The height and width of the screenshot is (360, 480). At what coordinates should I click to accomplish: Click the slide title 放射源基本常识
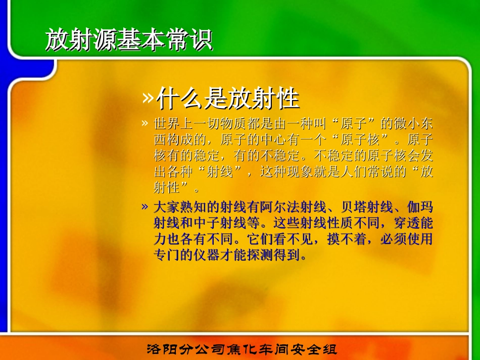click(128, 40)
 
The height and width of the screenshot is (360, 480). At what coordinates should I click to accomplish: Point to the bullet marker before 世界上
click(145, 124)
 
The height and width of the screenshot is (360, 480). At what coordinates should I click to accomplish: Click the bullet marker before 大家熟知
click(145, 207)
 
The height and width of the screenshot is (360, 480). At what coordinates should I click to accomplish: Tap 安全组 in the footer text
click(318, 349)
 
